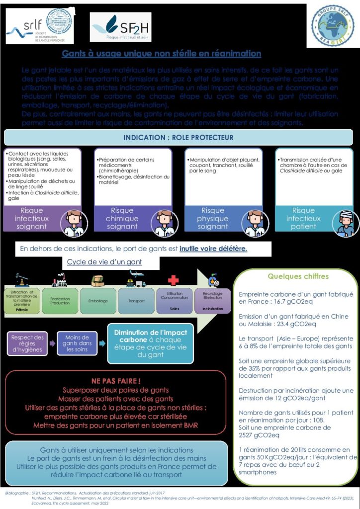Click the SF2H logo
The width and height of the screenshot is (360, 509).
tap(121, 27)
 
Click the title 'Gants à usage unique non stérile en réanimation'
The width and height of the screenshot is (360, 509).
tap(161, 54)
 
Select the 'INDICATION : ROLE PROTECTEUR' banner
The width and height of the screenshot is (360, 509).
tap(178, 137)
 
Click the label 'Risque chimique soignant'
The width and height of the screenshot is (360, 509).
tap(122, 218)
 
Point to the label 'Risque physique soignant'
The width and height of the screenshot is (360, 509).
tap(213, 218)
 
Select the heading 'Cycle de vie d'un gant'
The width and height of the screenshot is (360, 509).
tap(104, 261)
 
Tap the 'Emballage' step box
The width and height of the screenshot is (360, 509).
tap(98, 301)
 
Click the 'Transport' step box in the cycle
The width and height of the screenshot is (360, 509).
tap(136, 301)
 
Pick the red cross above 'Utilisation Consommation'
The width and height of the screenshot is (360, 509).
tap(173, 280)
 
